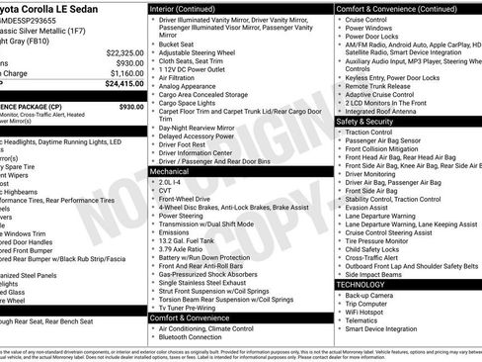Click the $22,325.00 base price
tap(124, 51)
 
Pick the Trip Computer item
tap(369, 304)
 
